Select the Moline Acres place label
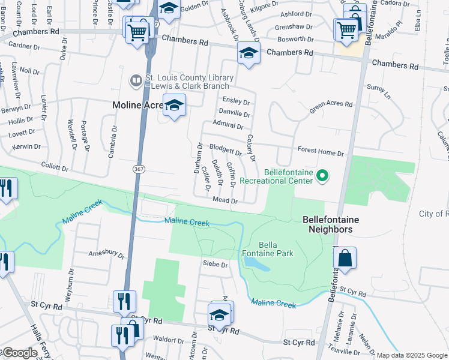click(x=138, y=105)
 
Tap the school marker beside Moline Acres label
click(x=174, y=106)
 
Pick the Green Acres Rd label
click(x=331, y=107)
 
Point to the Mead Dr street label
click(x=226, y=200)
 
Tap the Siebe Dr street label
click(x=216, y=264)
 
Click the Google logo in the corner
click(x=20, y=353)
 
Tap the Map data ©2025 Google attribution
click(x=412, y=355)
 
